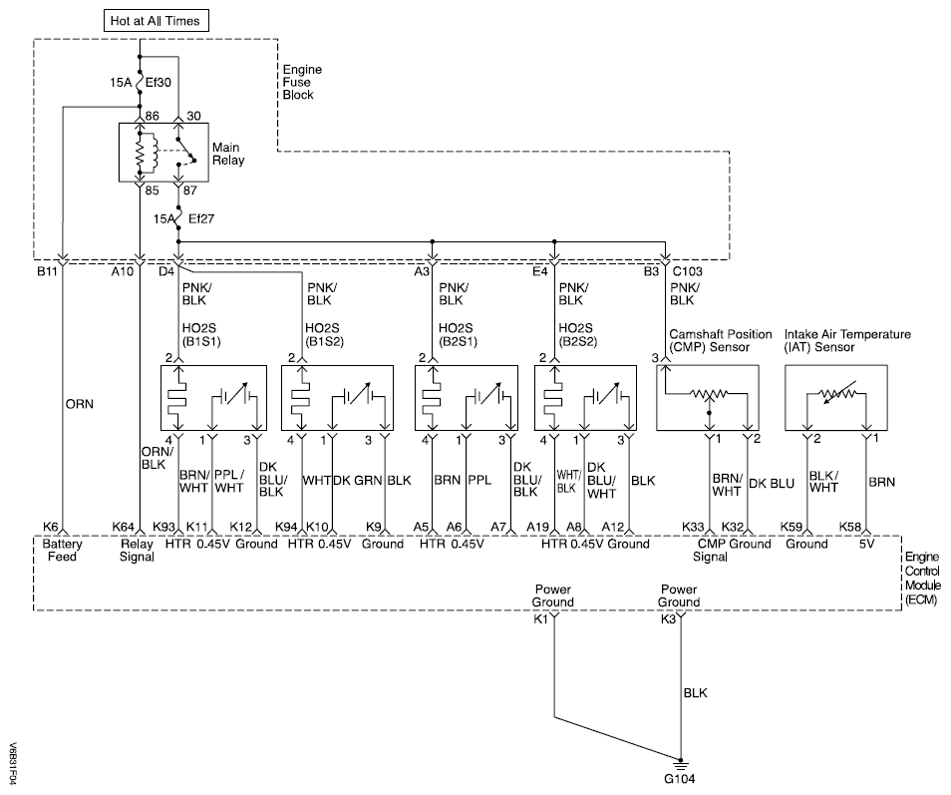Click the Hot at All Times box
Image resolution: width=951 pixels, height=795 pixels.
coord(155,20)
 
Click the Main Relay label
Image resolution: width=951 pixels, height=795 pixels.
coord(227,154)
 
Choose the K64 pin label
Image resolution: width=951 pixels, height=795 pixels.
coord(124,527)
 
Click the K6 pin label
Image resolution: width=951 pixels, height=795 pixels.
coord(50,527)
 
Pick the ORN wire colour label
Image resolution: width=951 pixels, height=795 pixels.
coord(79,407)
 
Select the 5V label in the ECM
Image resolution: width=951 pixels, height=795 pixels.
coord(866,544)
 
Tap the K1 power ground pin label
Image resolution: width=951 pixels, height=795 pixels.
coord(541,619)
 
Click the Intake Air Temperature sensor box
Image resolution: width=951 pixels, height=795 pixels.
coord(835,397)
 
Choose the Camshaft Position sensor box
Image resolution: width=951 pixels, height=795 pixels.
coord(708,397)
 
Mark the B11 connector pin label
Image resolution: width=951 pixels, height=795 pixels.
coord(48,270)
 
